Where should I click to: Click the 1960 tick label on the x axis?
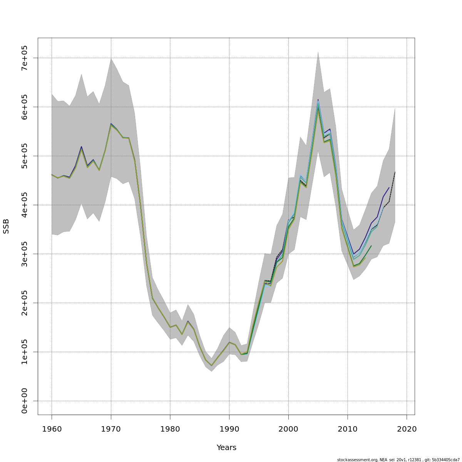coord(52,429)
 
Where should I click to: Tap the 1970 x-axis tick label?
coord(111,429)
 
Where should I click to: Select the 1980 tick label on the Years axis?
coord(170,429)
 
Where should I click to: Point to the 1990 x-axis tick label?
coord(229,429)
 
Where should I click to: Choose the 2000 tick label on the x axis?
coord(288,429)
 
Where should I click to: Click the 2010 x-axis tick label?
coord(348,429)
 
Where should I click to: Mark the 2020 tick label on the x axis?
coord(407,429)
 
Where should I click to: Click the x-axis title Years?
coord(226,448)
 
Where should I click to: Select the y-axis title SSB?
coord(6,226)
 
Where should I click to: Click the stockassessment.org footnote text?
coord(398,460)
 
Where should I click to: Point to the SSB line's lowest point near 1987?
coord(211,366)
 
